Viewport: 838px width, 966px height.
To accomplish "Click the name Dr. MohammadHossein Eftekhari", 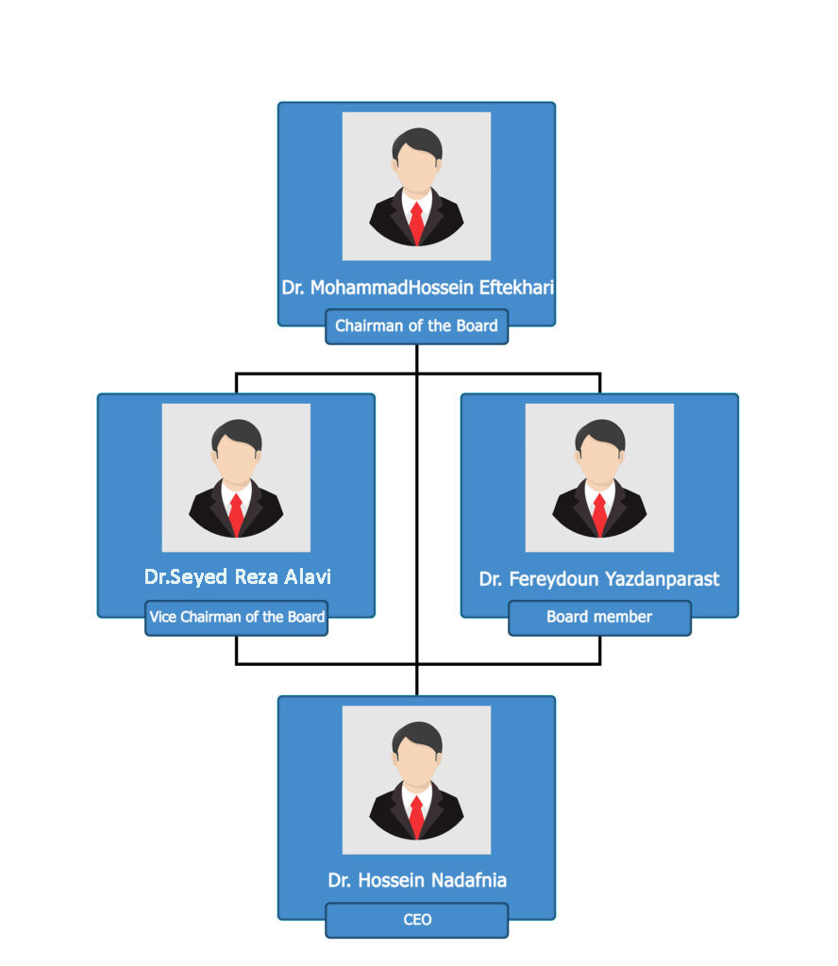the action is pos(418,288).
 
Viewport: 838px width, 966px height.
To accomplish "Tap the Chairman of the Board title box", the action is pos(416,326).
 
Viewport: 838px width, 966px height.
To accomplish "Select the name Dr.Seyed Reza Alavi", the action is pos(237,577).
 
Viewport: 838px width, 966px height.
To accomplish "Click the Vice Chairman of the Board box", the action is pos(237,618).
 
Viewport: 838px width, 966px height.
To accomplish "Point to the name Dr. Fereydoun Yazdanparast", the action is pos(599,579).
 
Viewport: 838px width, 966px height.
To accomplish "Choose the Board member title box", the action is pos(599,618).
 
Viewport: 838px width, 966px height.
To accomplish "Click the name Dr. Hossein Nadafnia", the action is pos(417,880).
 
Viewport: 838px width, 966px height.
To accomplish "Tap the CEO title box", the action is pos(416,921).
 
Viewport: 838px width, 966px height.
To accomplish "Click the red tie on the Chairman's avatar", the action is pos(416,223).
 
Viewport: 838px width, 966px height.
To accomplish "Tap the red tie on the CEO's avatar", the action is pos(416,817).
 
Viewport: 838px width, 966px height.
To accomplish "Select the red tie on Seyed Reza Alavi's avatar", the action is pos(236,514).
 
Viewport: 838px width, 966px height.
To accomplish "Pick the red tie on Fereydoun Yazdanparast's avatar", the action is pos(599,514).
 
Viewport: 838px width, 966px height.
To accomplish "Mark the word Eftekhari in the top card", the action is pos(516,288).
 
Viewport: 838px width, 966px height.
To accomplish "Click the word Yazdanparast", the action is pos(662,580).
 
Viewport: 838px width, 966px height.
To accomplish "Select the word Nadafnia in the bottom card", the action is pos(469,880).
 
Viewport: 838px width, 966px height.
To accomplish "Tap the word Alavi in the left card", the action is pos(308,576).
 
